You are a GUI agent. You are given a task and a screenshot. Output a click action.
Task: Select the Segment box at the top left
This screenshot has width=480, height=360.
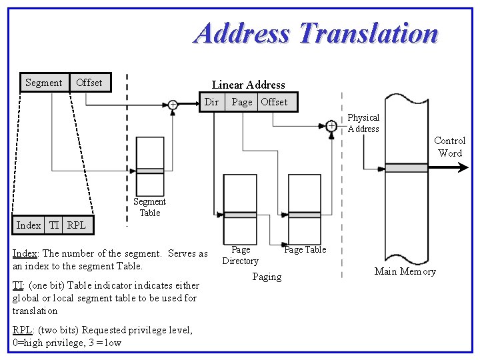pyautogui.click(x=44, y=83)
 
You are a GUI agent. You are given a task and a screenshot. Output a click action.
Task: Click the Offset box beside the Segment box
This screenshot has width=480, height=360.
pyautogui.click(x=89, y=83)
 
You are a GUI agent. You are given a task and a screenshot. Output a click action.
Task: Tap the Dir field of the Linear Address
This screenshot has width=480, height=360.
pyautogui.click(x=211, y=102)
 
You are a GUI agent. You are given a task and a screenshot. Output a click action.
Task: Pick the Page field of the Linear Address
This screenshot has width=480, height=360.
pyautogui.click(x=241, y=102)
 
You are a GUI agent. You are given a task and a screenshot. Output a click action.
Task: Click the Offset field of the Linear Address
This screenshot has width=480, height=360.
pyautogui.click(x=274, y=102)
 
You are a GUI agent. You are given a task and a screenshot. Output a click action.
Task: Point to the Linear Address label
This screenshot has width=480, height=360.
pyautogui.click(x=248, y=85)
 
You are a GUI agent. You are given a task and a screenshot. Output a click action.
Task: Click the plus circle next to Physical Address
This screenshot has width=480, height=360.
pyautogui.click(x=331, y=125)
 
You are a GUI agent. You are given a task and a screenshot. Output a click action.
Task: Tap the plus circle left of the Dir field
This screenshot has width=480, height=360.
pyautogui.click(x=173, y=104)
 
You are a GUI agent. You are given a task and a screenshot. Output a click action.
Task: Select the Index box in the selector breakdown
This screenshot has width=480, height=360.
pyautogui.click(x=29, y=225)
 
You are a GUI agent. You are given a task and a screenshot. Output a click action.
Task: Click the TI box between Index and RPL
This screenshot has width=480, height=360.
pyautogui.click(x=54, y=225)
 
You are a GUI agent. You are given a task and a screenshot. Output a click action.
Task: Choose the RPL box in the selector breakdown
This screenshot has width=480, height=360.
pyautogui.click(x=77, y=225)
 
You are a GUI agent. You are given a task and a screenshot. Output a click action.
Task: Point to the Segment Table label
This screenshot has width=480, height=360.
pyautogui.click(x=149, y=207)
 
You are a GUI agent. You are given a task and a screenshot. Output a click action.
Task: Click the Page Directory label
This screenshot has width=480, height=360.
pyautogui.click(x=240, y=255)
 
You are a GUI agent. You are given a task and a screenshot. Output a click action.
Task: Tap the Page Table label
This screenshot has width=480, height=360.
pyautogui.click(x=305, y=250)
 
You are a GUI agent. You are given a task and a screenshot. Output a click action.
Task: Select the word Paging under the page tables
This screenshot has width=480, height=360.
pyautogui.click(x=267, y=277)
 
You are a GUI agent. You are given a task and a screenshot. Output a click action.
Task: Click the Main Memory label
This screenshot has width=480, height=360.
pyautogui.click(x=405, y=271)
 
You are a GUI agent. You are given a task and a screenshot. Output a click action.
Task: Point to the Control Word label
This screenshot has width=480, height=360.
pyautogui.click(x=450, y=147)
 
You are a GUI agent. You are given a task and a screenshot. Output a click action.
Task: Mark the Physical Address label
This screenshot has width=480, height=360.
pyautogui.click(x=363, y=123)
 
